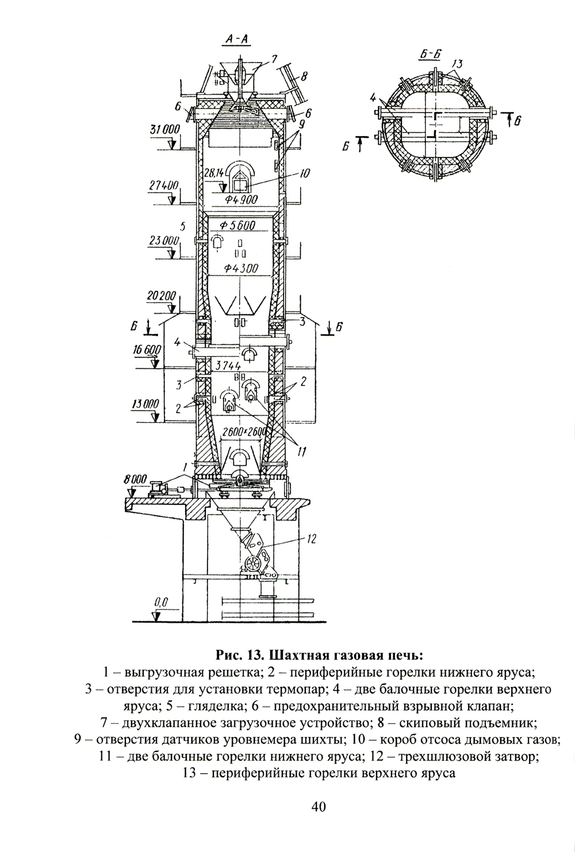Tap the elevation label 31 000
click(165, 130)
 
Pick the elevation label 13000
click(145, 404)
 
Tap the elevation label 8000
click(135, 478)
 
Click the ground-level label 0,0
click(160, 602)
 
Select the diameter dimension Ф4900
click(241, 200)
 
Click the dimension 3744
click(228, 365)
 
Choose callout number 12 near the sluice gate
click(312, 538)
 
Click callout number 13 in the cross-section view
click(458, 63)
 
